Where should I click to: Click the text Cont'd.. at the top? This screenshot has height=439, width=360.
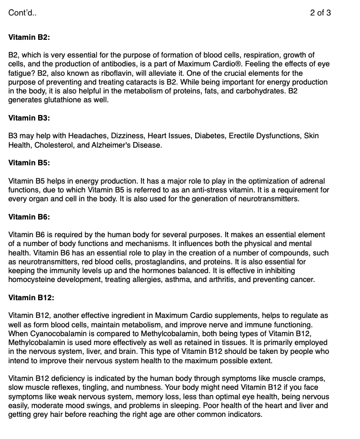(x=23, y=13)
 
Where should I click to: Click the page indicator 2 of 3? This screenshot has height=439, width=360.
(x=321, y=13)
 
